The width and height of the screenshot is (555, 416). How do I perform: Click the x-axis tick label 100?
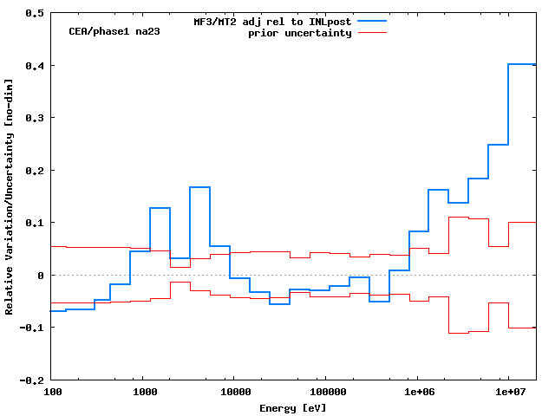coord(53,393)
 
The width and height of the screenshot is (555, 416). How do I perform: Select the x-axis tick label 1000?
coord(145,393)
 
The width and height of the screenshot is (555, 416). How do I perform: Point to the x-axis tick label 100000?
coord(324,393)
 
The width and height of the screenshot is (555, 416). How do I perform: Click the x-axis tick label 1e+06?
coord(417,393)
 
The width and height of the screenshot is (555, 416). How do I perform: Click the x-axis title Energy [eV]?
coord(292,407)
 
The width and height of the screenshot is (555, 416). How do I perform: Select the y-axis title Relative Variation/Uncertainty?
coord(9,197)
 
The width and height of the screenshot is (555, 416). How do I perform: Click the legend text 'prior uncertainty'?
coord(299,33)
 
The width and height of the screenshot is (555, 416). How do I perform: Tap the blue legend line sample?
coord(370,21)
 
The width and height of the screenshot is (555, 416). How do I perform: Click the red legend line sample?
coord(370,32)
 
